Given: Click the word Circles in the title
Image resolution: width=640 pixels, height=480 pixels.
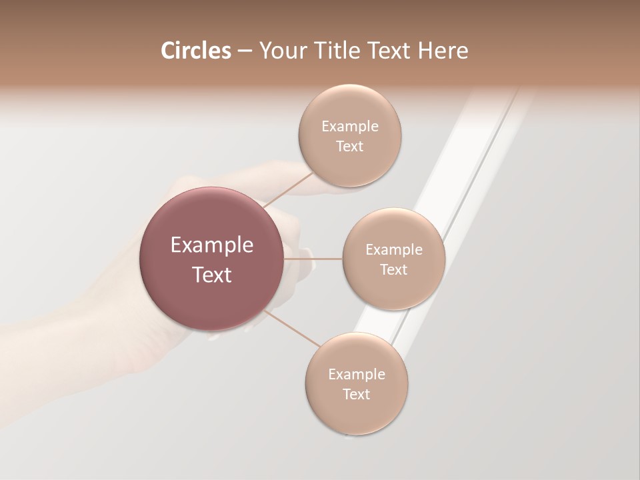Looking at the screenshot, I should (x=195, y=51).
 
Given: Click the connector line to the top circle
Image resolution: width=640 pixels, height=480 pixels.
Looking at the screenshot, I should (x=288, y=189).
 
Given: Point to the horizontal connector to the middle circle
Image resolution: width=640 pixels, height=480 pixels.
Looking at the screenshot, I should (x=313, y=259).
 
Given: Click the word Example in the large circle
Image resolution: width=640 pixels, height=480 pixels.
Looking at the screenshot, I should (x=212, y=245).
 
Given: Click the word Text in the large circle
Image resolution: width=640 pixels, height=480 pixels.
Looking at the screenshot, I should (x=212, y=275).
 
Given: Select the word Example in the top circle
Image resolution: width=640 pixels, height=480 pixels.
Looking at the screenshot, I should (x=349, y=127).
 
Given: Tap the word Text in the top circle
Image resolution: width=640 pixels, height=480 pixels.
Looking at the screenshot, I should (x=349, y=147).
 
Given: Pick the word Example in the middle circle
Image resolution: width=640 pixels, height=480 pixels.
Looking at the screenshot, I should (x=393, y=250).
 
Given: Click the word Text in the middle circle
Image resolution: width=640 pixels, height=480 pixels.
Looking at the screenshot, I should (x=393, y=270).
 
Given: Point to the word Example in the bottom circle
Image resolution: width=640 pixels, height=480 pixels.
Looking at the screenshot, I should (x=356, y=375).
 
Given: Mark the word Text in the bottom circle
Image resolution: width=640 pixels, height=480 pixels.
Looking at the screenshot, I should (x=356, y=395).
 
